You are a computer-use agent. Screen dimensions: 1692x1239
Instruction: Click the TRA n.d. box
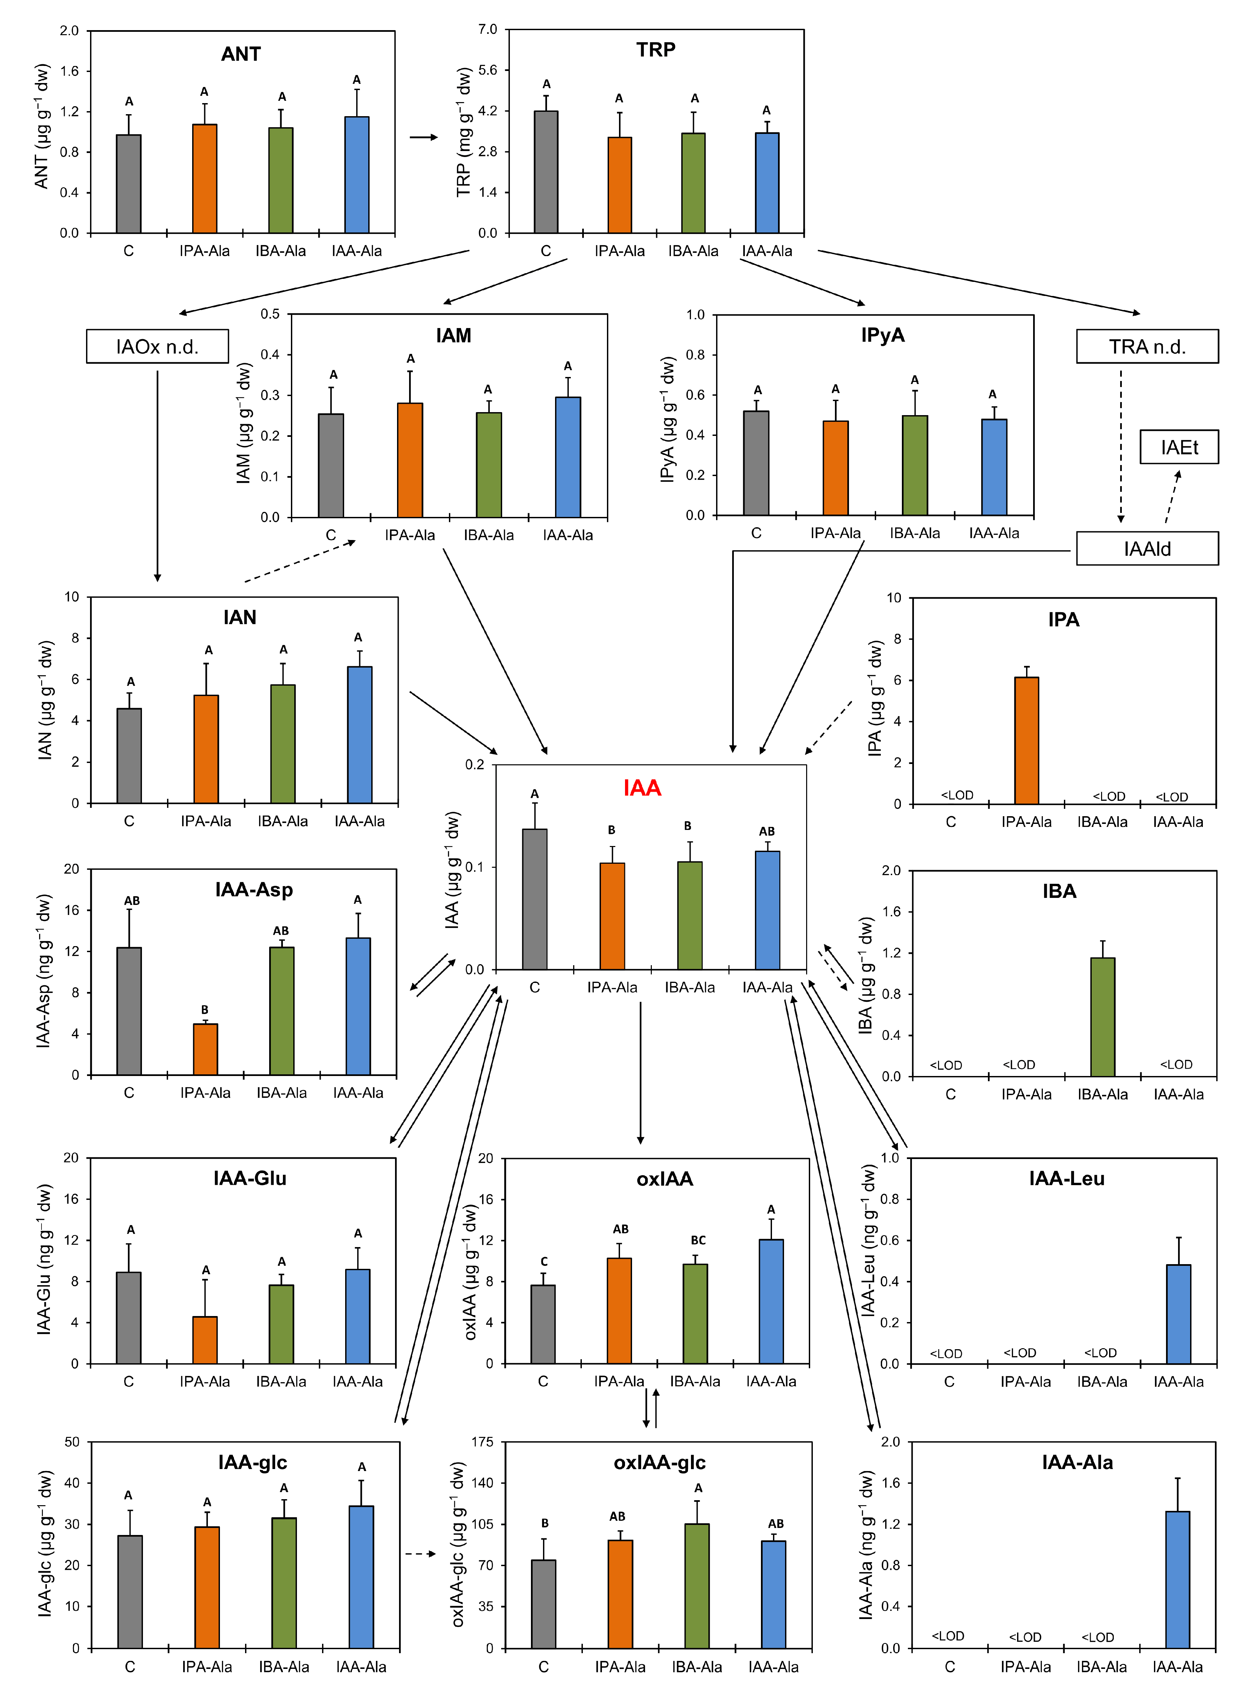1147,347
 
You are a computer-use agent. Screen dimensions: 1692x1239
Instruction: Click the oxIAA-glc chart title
659,1462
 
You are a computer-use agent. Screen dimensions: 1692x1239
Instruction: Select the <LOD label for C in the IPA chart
957,795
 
